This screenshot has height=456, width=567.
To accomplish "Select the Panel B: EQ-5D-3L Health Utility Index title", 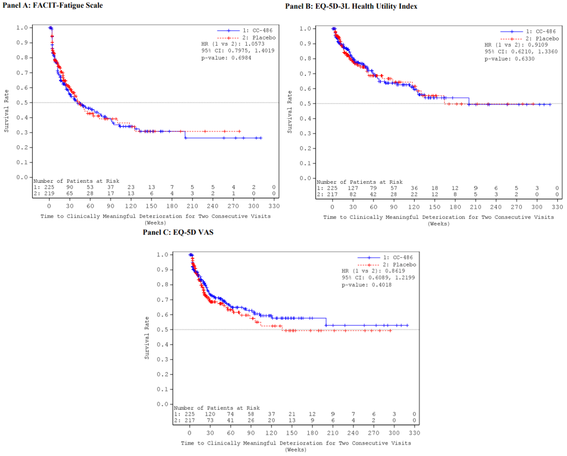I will click(351, 6).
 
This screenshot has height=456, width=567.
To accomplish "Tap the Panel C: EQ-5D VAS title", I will click(178, 232).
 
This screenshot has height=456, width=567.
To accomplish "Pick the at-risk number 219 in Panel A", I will click(47, 194).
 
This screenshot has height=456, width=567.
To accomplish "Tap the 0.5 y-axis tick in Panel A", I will click(21, 103).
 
